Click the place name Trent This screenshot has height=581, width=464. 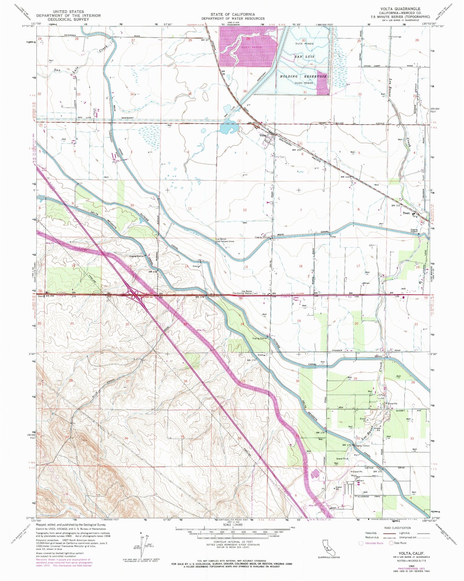pyautogui.click(x=406, y=213)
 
